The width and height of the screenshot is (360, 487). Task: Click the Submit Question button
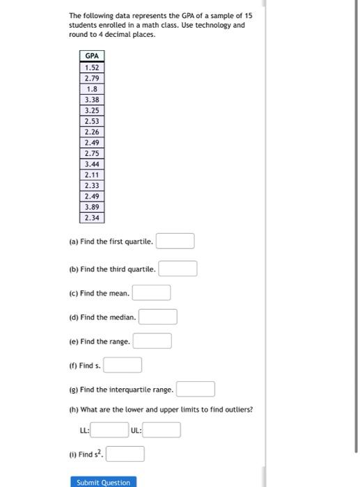pos(101,482)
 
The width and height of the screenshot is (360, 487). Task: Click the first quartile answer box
pos(175,241)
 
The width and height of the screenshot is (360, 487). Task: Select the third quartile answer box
pos(178,269)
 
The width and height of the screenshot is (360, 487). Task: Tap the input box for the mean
pos(152,293)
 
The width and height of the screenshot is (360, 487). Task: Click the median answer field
pos(158,317)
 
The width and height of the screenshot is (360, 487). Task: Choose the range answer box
pos(152,342)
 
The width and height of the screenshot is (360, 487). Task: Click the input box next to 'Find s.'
pos(123,365)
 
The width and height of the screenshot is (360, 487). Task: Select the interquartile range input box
pos(195,389)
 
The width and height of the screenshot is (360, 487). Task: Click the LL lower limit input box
pos(110,431)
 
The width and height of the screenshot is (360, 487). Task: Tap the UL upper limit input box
pos(162,431)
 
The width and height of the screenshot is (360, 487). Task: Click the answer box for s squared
pos(125,454)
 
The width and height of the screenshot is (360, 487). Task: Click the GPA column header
pos(92,56)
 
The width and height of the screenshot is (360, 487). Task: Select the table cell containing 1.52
pos(92,67)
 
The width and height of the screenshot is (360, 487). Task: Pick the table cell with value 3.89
pos(92,207)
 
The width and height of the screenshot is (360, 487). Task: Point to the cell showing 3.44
pos(92,164)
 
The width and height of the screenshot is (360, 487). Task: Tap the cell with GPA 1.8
pos(92,89)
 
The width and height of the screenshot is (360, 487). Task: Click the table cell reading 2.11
pos(92,175)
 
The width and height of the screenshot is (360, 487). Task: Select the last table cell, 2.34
pos(92,218)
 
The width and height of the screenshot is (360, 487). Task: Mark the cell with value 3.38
pos(92,99)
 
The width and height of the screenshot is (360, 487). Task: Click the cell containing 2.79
pos(92,78)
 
